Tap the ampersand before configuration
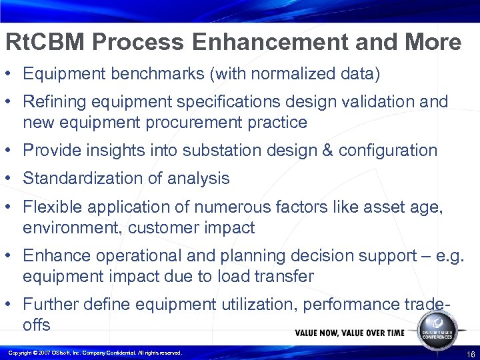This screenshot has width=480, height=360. [327, 151]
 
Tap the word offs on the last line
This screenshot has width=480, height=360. [36, 325]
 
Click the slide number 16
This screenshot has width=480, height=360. [471, 353]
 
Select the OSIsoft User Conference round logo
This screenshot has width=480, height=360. [437, 327]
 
